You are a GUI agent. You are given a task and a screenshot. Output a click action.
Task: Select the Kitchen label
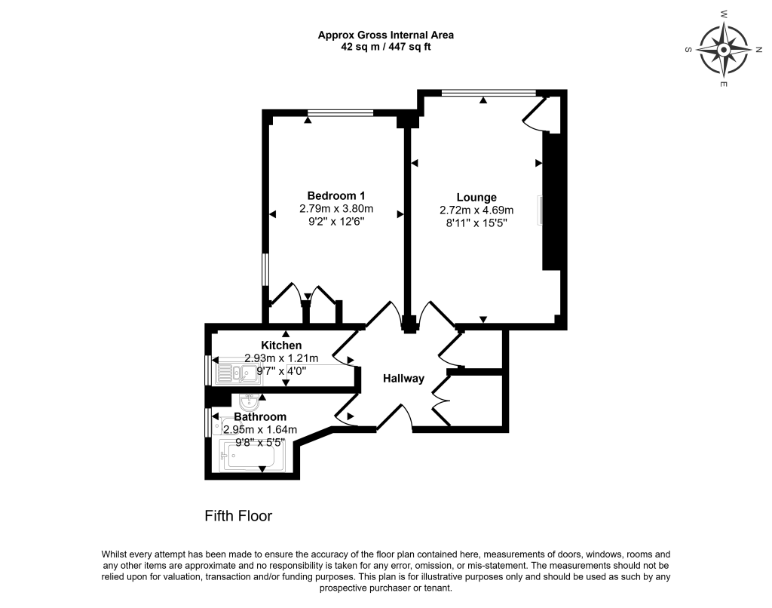pos(282,345)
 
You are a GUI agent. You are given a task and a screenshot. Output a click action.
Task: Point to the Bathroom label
pos(260,416)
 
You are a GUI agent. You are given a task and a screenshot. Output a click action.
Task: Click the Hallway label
pos(403,379)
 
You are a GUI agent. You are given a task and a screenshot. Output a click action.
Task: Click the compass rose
pos(723,50)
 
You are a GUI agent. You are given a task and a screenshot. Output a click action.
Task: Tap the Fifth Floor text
pos(238,516)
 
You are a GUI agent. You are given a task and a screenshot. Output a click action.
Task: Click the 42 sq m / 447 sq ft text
pos(385,47)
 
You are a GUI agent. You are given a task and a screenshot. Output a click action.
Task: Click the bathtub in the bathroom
pos(248,456)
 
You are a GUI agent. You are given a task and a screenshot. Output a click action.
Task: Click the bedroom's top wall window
pos(340,113)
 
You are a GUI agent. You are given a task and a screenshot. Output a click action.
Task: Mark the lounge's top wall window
pos(489,94)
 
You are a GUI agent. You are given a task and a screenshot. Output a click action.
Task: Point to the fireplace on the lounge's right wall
pos(540,210)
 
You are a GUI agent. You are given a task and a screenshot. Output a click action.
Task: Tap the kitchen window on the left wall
pos(208,370)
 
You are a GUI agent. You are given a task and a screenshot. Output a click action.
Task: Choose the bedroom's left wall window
pos(265,269)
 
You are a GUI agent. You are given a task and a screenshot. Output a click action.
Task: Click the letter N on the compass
pos(758,50)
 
